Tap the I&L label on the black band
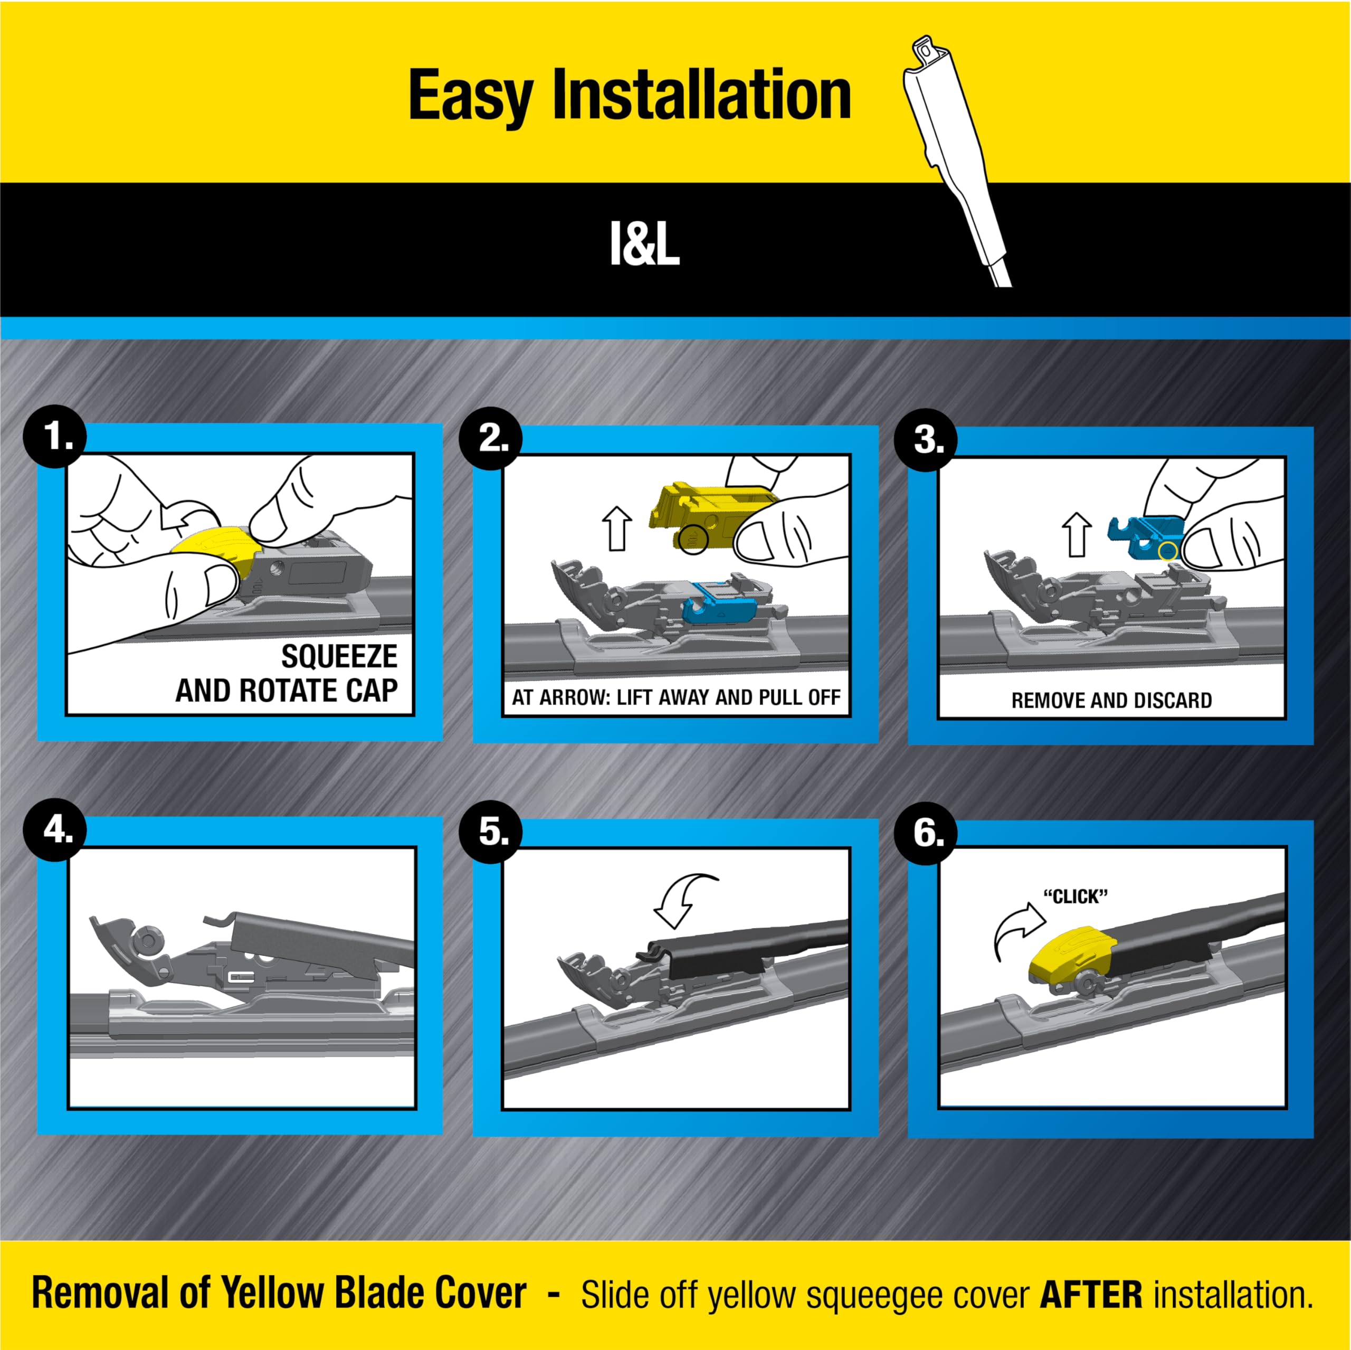click(x=644, y=245)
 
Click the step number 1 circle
click(x=55, y=437)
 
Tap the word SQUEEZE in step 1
click(x=339, y=656)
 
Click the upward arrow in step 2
click(x=617, y=529)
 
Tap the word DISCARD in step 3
click(x=1172, y=700)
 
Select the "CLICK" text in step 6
click(x=1076, y=896)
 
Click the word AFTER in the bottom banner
click(x=1091, y=1294)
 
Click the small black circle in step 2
click(x=693, y=539)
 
